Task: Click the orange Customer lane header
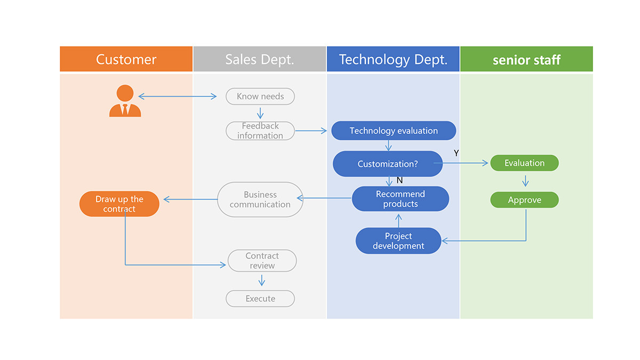click(x=126, y=59)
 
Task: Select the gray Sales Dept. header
click(x=259, y=59)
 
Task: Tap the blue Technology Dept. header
click(x=393, y=59)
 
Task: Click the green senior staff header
click(x=526, y=59)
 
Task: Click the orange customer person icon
click(x=125, y=101)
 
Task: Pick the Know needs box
click(x=260, y=97)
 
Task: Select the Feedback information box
click(x=260, y=131)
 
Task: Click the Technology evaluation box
click(x=394, y=131)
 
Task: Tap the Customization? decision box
click(x=388, y=164)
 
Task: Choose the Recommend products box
click(x=401, y=199)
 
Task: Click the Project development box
click(x=398, y=241)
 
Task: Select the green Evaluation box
click(x=524, y=163)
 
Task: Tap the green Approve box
click(x=524, y=200)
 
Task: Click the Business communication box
click(x=260, y=199)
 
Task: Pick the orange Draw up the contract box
click(x=119, y=204)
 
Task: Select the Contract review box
click(x=262, y=261)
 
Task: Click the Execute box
click(x=260, y=299)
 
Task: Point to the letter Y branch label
click(x=456, y=153)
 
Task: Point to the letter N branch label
click(x=399, y=180)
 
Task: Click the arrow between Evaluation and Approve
click(x=525, y=181)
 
